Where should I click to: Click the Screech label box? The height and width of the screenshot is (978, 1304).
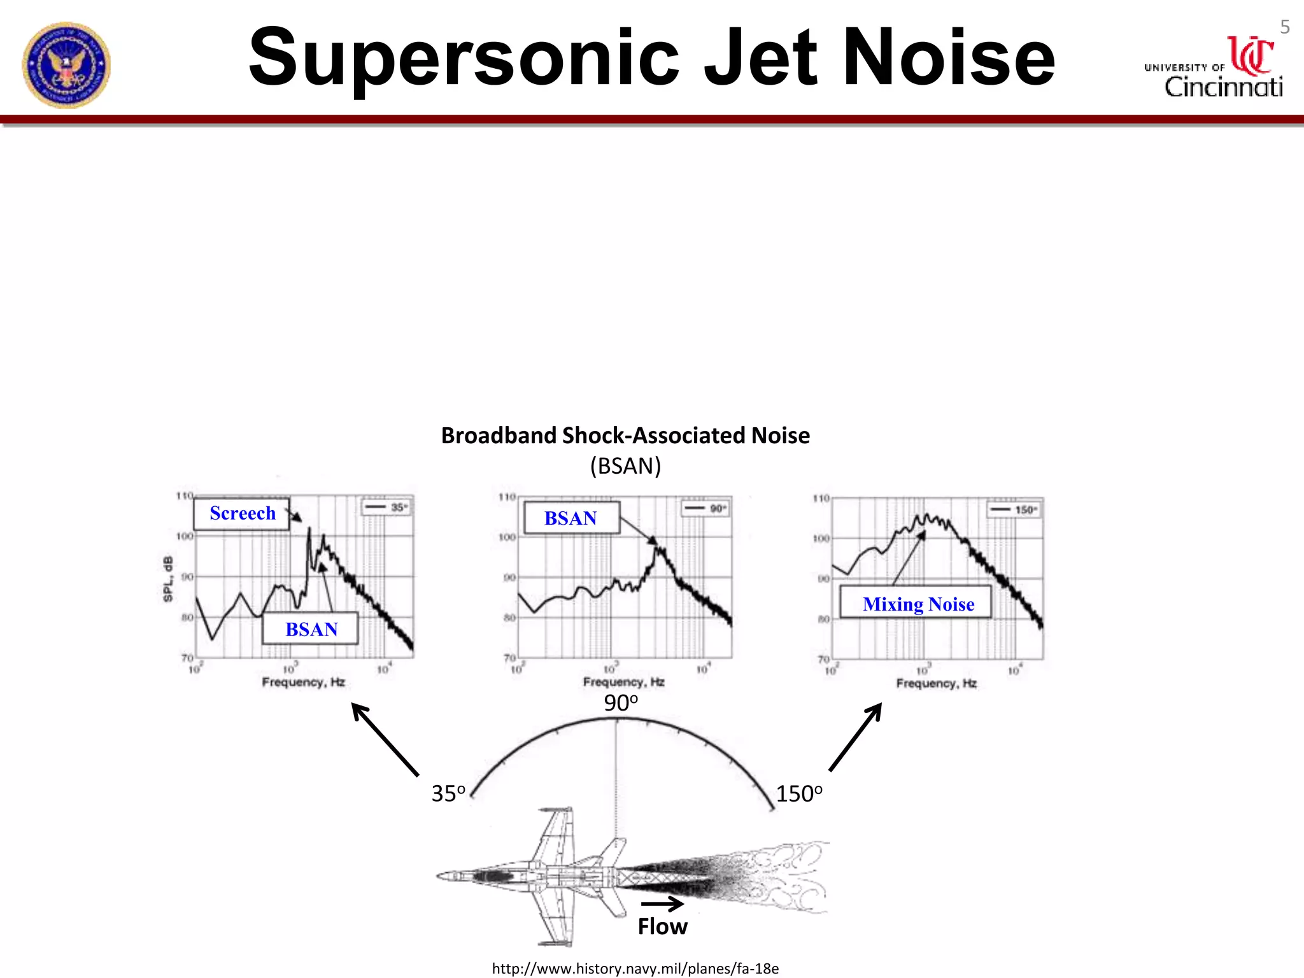point(242,513)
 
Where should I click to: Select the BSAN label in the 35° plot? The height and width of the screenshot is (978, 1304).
point(311,629)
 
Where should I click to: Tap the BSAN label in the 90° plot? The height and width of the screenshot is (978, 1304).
point(571,518)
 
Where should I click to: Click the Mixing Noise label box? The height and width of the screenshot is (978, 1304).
point(917,604)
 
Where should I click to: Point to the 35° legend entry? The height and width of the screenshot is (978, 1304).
point(387,507)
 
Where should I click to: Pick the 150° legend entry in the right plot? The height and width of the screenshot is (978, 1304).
point(1014,510)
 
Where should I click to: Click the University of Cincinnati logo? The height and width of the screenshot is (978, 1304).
point(1214,69)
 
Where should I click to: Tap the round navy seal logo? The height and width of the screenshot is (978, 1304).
point(66,65)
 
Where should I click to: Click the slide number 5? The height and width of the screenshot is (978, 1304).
point(1284,27)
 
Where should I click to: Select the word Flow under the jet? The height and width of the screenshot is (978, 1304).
point(662,926)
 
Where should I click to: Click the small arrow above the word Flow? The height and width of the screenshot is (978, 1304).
point(662,903)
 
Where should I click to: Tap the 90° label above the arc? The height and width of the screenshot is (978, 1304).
point(620,703)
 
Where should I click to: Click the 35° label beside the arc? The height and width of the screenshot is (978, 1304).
point(448,793)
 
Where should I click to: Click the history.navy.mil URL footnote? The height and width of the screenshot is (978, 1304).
point(635,968)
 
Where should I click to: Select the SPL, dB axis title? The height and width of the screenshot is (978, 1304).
point(168,579)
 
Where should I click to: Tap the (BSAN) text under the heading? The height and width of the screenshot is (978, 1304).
point(625,466)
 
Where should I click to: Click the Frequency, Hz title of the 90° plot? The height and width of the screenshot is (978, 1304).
point(623,682)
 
